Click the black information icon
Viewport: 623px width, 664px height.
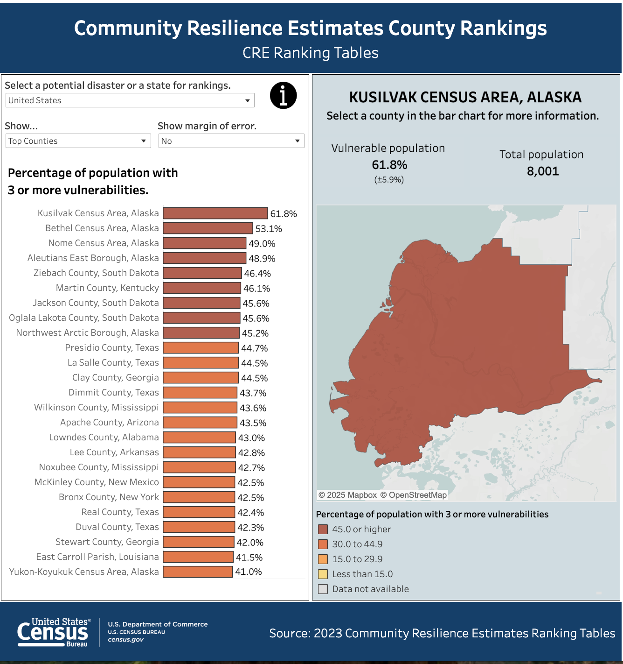click(283, 95)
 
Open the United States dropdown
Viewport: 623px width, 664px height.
click(130, 100)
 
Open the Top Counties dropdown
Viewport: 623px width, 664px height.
click(78, 141)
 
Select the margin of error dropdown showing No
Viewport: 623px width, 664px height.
click(231, 141)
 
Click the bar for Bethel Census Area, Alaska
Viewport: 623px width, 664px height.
click(208, 228)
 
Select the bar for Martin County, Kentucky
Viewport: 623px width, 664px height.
click(202, 288)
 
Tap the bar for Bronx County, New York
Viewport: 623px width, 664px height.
click(199, 497)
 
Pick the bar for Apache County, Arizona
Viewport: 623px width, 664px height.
click(200, 423)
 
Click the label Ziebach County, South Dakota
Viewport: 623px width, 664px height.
click(96, 273)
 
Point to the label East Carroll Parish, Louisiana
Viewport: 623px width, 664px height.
click(97, 557)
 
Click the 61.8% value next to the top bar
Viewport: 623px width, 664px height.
click(284, 214)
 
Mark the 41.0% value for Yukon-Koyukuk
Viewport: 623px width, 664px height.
click(249, 572)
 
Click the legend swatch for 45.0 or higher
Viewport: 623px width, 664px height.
click(323, 529)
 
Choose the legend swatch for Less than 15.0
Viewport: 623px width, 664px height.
click(323, 574)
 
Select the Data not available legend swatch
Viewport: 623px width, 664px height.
click(323, 589)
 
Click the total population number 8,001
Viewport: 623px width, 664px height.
click(543, 171)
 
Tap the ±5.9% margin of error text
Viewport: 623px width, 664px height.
click(389, 180)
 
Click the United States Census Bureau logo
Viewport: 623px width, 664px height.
click(54, 632)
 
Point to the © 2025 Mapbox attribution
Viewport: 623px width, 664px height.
click(348, 495)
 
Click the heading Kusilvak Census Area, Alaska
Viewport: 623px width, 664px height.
click(465, 97)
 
